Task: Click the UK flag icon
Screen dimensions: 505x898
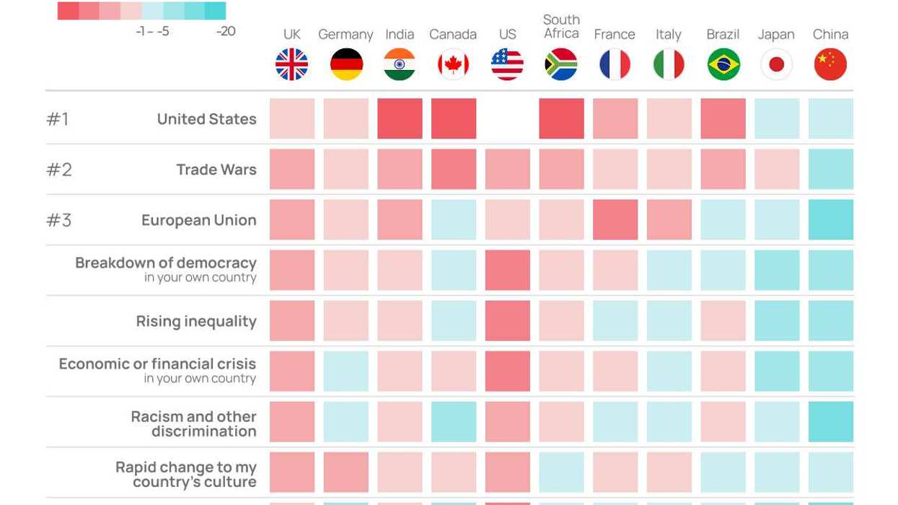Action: (291, 64)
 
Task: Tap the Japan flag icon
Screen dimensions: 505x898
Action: (776, 64)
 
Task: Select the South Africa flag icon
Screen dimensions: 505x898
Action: (561, 64)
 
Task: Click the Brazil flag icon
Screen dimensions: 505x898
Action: (723, 64)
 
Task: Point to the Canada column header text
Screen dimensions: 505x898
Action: (453, 35)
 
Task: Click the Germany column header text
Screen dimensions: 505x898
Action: (345, 35)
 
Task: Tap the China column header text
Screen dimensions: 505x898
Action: (830, 35)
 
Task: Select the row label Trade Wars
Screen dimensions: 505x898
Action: (216, 170)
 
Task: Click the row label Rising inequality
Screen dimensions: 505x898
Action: (196, 321)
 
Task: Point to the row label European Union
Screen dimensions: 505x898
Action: (199, 220)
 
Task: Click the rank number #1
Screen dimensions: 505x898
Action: (58, 119)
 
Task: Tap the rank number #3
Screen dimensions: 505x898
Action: (59, 220)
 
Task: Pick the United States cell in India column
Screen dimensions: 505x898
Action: (400, 118)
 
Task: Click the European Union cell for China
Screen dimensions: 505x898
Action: (830, 219)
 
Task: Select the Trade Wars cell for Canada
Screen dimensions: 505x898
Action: (453, 169)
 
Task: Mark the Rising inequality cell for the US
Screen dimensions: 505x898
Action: (507, 320)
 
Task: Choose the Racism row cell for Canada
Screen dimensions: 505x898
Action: (453, 421)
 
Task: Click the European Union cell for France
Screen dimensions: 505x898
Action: (615, 219)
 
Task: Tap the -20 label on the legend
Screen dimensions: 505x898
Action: (226, 32)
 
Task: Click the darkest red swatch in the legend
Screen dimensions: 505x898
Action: (68, 11)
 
